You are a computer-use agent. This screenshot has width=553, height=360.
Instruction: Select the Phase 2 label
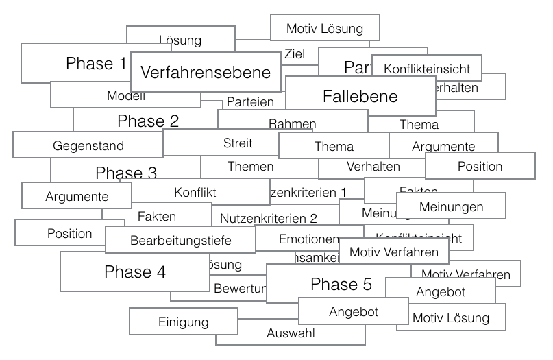coord(148,121)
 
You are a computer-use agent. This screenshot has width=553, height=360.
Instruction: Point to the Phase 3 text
coord(126,173)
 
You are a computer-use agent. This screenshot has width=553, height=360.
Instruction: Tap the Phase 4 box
coord(135,272)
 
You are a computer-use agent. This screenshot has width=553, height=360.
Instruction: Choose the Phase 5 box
coord(341,284)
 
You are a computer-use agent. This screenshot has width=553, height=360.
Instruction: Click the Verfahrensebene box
coord(206,72)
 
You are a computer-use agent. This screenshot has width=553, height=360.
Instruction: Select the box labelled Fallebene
coord(360,96)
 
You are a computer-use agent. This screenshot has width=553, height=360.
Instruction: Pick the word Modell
coord(126,96)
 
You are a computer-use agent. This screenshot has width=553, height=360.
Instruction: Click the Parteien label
coord(250,102)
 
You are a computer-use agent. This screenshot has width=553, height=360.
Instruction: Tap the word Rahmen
coord(292,124)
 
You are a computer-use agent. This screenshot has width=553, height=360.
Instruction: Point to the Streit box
coord(238,143)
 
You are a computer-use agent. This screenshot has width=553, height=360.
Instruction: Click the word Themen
coord(250,166)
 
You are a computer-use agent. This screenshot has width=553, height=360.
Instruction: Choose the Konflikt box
coord(195,193)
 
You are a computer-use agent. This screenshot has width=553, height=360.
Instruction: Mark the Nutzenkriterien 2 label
coord(269,219)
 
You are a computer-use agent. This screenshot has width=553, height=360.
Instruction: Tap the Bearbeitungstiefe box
coord(181,240)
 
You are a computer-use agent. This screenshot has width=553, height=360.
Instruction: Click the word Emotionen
coord(308,239)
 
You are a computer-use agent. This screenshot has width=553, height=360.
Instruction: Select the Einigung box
coord(184,322)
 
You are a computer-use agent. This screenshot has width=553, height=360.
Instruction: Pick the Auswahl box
coord(291,334)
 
